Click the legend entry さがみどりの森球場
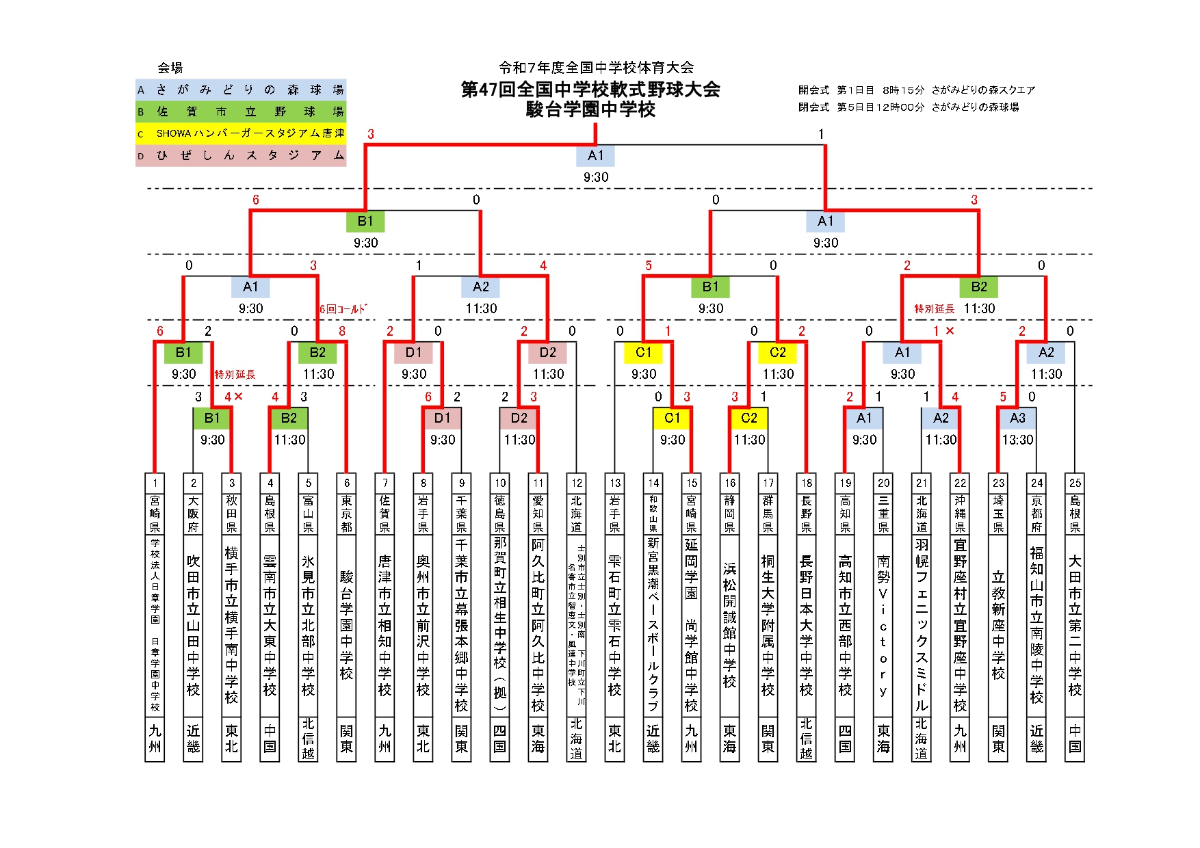pyautogui.click(x=241, y=90)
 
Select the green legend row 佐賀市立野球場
pyautogui.click(x=241, y=111)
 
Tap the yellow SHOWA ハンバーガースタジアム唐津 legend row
pyautogui.click(x=241, y=133)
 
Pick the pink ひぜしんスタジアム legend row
pyautogui.click(x=241, y=155)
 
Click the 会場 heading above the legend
pyautogui.click(x=170, y=68)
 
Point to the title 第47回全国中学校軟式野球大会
pyautogui.click(x=590, y=90)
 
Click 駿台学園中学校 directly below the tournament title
pyautogui.click(x=590, y=109)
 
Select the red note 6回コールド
pyautogui.click(x=343, y=309)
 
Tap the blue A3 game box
pyautogui.click(x=1017, y=418)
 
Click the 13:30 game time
pyautogui.click(x=1017, y=440)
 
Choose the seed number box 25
pyautogui.click(x=1075, y=482)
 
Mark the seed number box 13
pyautogui.click(x=615, y=482)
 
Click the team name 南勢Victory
pyautogui.click(x=883, y=626)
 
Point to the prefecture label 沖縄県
pyautogui.click(x=960, y=514)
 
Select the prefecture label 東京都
pyautogui.click(x=347, y=514)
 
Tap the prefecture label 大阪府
pyautogui.click(x=194, y=514)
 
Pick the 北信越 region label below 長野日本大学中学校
pyautogui.click(x=807, y=739)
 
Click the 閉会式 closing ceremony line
pyautogui.click(x=909, y=107)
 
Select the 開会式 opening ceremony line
pyautogui.click(x=917, y=90)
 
